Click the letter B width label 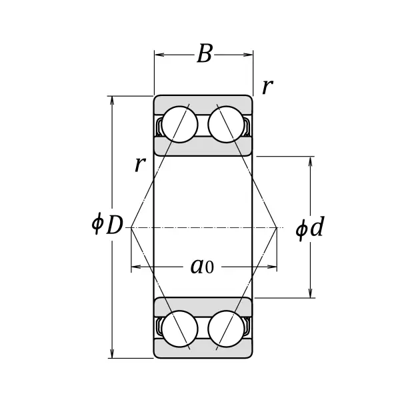(x=204, y=55)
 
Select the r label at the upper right (x=267, y=86)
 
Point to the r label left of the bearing (x=139, y=163)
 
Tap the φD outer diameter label (x=107, y=225)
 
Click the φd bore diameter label (x=309, y=228)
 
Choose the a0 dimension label (x=201, y=267)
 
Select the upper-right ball (x=225, y=124)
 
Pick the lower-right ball (x=225, y=330)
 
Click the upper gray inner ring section (x=203, y=147)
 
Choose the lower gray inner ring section (x=203, y=307)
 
